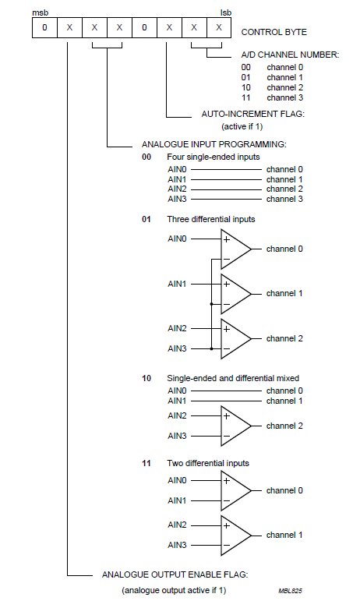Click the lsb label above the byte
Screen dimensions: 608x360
pos(226,13)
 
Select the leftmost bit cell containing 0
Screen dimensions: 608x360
pos(44,29)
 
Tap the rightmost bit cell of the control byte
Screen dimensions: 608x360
pos(220,29)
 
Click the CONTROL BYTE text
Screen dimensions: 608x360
pos(274,32)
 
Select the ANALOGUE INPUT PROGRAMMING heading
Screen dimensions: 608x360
pos(214,144)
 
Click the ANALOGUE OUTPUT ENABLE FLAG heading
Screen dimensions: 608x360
pos(175,574)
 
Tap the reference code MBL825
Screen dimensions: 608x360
pos(290,592)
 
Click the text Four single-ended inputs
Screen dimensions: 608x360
pos(213,157)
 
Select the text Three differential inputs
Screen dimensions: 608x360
pos(211,219)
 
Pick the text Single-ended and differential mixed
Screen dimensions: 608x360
pos(233,378)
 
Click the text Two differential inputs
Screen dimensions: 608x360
pos(208,463)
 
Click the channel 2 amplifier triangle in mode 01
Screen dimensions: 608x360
pos(235,338)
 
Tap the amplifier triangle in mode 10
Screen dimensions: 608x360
pos(235,426)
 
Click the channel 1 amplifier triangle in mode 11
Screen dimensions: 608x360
pos(235,535)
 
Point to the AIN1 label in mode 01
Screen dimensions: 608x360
pos(177,285)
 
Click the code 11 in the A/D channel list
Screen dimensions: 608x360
pos(246,98)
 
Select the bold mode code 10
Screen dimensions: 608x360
pos(146,378)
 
